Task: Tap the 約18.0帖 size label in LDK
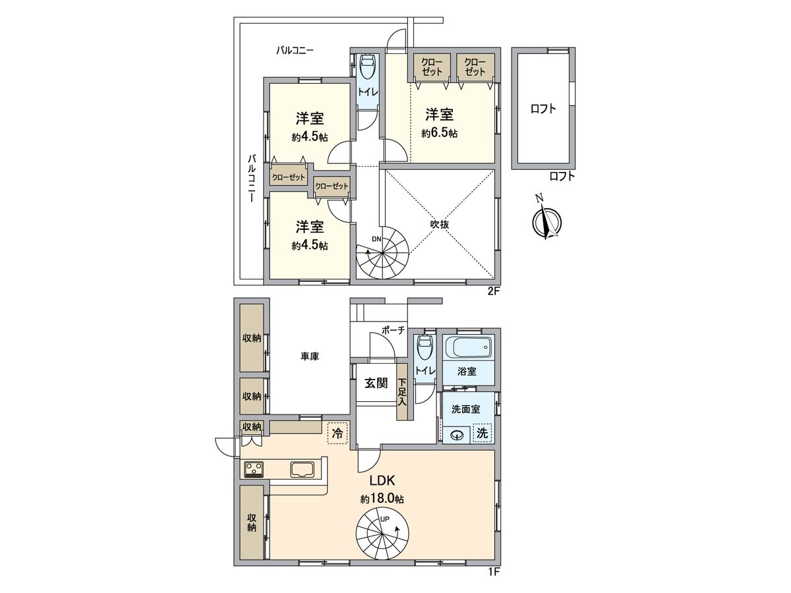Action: [x=382, y=499]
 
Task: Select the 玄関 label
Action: [x=376, y=383]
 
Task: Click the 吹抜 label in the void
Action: [x=440, y=224]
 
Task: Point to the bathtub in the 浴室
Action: [x=467, y=347]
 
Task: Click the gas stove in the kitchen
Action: [x=254, y=469]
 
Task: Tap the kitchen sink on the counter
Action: [x=304, y=469]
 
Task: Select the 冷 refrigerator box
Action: [x=337, y=433]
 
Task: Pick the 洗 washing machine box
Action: [x=483, y=434]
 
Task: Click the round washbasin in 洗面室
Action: [x=455, y=435]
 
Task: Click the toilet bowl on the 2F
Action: [x=367, y=69]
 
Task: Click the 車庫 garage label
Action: [x=310, y=356]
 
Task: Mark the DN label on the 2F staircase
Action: [x=376, y=239]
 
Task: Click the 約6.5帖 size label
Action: [x=440, y=132]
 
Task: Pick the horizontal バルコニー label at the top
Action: [x=295, y=49]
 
